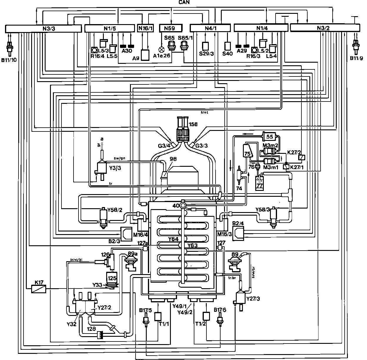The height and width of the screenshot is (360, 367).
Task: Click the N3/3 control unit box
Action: (x=43, y=29)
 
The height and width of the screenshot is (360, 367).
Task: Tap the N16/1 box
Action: (x=146, y=29)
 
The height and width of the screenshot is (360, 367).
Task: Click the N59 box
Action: (x=171, y=29)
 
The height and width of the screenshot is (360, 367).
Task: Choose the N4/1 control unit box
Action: (x=210, y=28)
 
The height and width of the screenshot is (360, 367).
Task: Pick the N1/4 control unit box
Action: (x=261, y=28)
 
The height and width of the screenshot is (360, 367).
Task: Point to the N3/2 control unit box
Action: (x=325, y=28)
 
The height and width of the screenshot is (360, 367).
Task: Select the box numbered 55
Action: (x=270, y=136)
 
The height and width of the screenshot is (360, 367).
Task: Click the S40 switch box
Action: (x=228, y=46)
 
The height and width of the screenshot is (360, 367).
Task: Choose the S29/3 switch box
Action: (x=206, y=46)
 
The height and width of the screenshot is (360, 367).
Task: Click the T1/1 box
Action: (x=158, y=316)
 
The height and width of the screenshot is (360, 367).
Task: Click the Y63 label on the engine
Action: (x=192, y=245)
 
